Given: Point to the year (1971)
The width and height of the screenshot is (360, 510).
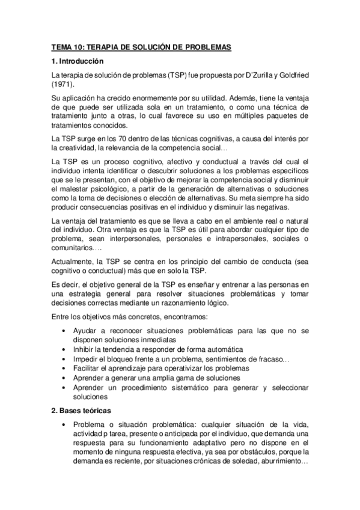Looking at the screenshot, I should pos(63,85).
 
